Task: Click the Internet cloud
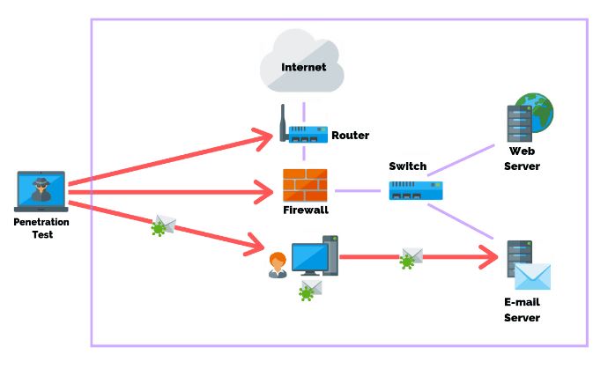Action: click(303, 63)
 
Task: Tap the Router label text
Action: click(350, 136)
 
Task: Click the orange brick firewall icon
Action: click(305, 185)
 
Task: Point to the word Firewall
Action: click(305, 210)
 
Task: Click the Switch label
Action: click(407, 166)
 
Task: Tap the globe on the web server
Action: click(535, 110)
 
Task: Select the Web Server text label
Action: click(522, 159)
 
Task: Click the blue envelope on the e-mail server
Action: click(532, 277)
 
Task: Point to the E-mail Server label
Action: click(522, 309)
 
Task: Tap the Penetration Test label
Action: click(41, 228)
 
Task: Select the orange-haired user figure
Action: click(278, 264)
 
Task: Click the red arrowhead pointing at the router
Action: click(265, 137)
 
